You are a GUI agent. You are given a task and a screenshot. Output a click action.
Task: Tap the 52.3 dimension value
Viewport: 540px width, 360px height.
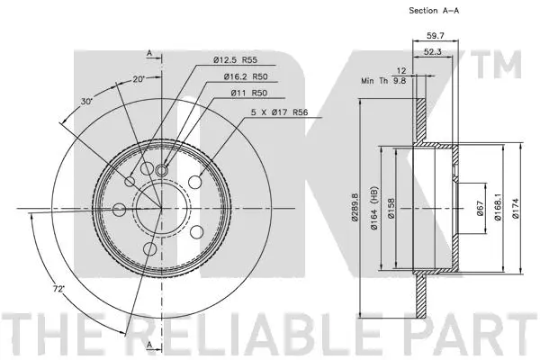pyautogui.click(x=434, y=51)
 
